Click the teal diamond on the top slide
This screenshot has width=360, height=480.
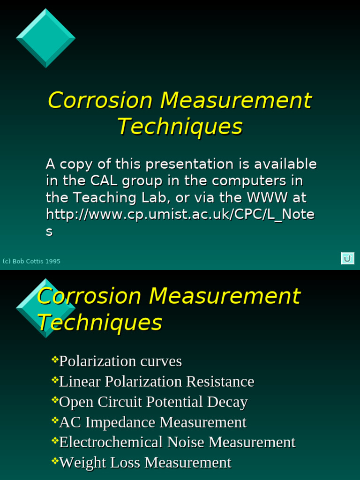click(45, 38)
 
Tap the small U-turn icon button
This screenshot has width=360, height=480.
click(347, 258)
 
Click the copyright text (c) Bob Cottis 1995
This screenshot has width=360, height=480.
click(31, 261)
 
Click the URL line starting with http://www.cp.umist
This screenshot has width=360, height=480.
click(180, 214)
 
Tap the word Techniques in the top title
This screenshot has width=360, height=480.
click(180, 127)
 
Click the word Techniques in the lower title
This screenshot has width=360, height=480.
click(99, 322)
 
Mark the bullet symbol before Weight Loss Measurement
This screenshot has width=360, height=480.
click(55, 461)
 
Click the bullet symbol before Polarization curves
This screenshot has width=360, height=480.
click(55, 360)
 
